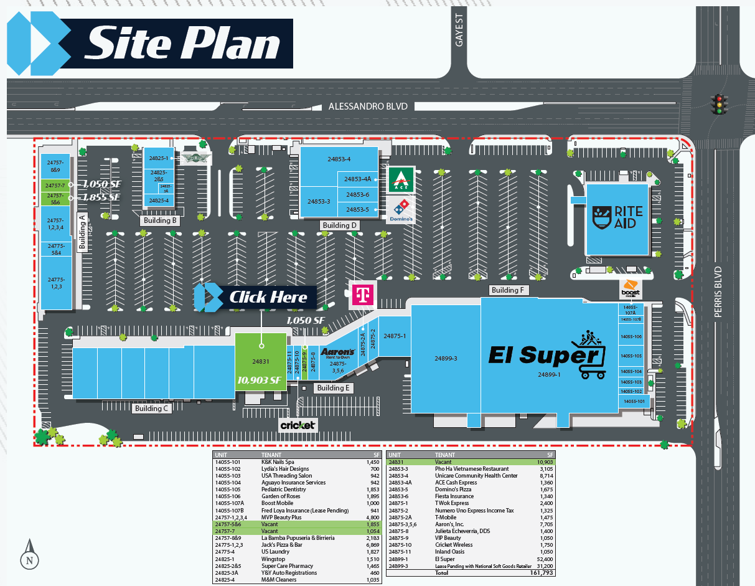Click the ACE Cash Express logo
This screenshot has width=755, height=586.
click(x=401, y=179)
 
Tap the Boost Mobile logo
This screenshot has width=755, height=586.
click(x=631, y=289)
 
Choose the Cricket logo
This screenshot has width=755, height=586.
click(x=298, y=425)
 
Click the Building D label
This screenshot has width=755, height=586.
click(x=340, y=225)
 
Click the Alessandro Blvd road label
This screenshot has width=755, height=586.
click(x=368, y=106)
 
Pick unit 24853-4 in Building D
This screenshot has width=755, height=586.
click(x=339, y=159)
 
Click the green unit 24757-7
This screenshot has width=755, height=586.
click(x=55, y=186)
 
